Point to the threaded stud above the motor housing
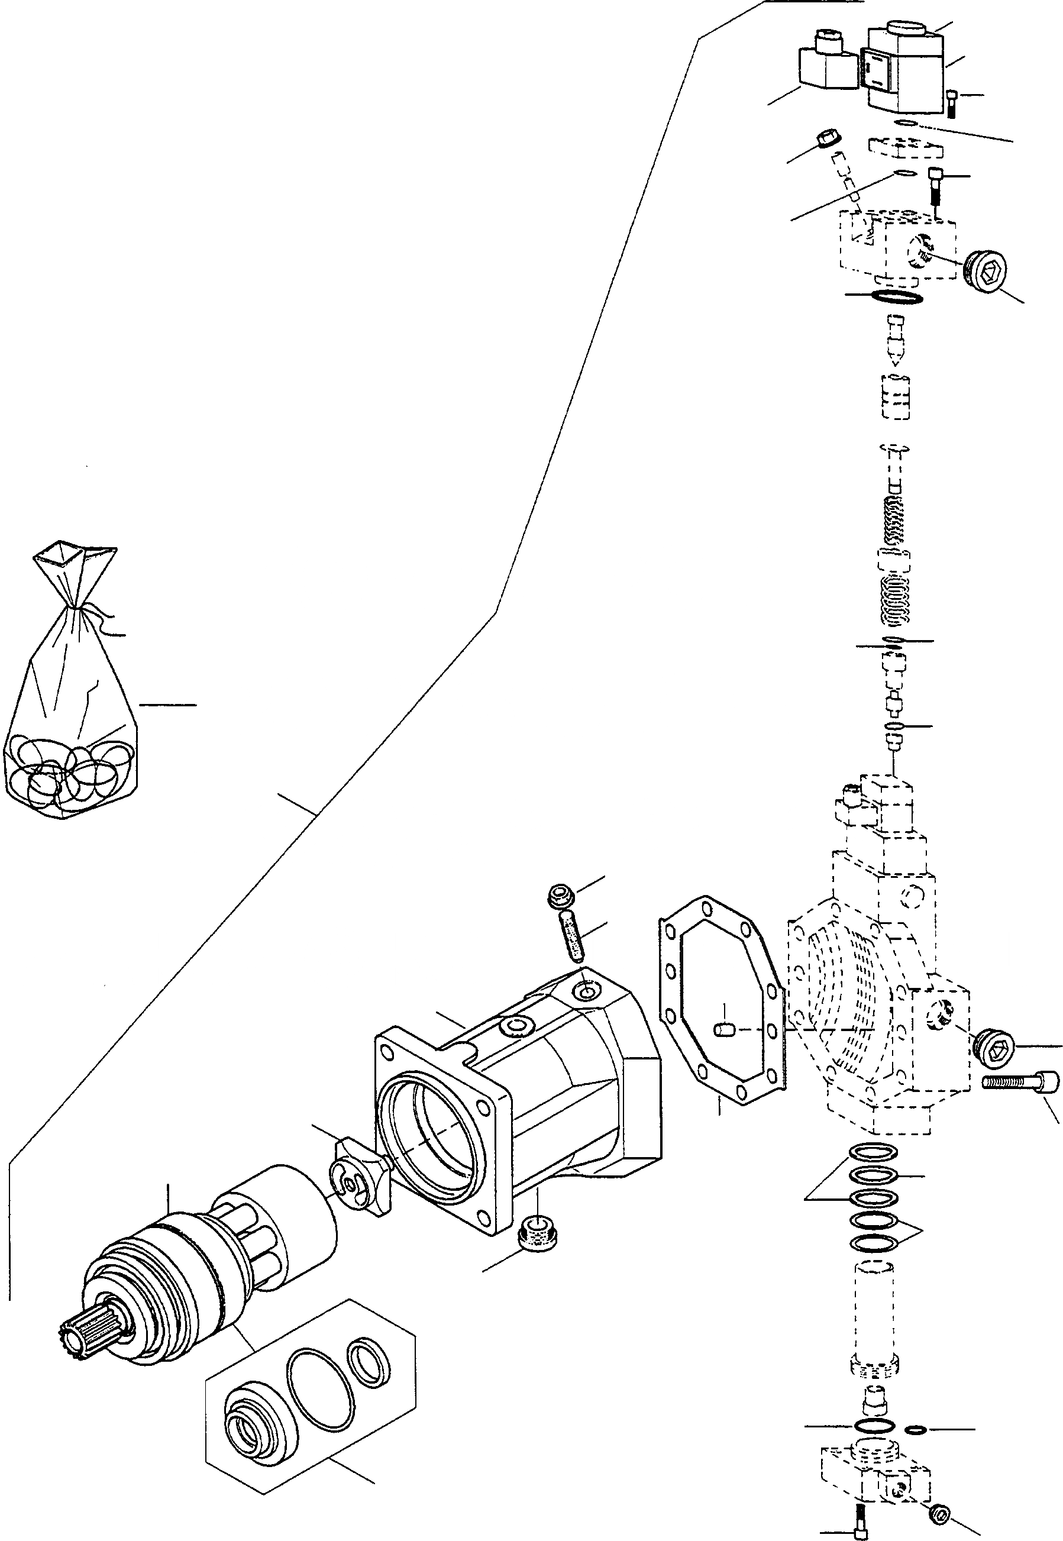[570, 936]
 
